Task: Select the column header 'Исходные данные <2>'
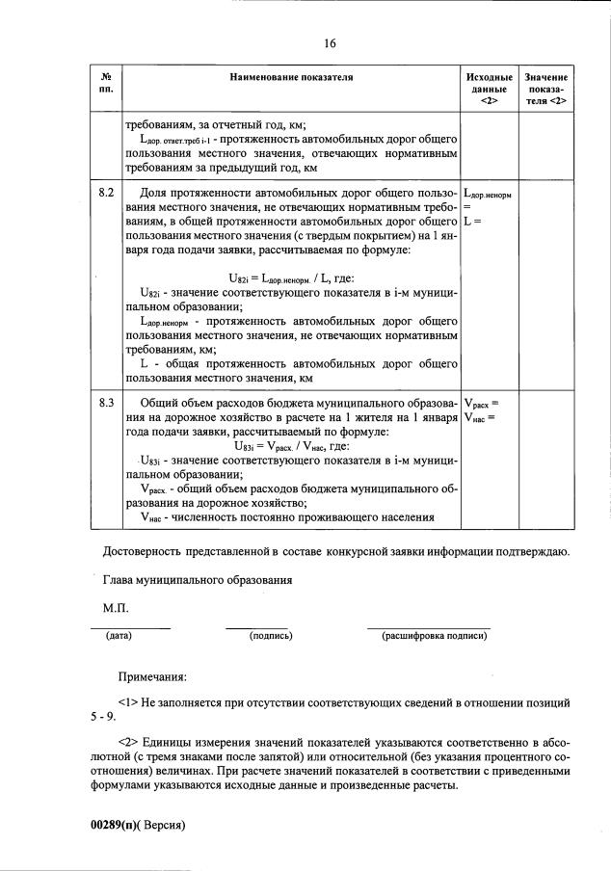pos(489,88)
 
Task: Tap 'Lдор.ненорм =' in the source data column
pos(488,195)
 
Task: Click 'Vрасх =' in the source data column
pos(480,404)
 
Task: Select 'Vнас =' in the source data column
pos(478,418)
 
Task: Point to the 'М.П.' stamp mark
pos(114,608)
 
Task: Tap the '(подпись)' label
pos(271,636)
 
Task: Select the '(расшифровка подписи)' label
pos(428,636)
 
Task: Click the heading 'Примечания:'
pos(152,679)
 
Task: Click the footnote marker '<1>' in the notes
pos(128,704)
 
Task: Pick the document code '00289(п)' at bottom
pos(115,826)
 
